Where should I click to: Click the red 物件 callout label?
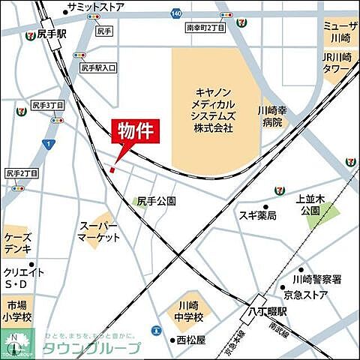point(135,130)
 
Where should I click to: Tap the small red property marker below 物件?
point(112,169)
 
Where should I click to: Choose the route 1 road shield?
point(48,143)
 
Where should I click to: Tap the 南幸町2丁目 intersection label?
point(205,27)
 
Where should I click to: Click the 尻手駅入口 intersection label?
point(98,67)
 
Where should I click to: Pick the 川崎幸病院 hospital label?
point(271,115)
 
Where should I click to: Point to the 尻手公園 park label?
point(156,201)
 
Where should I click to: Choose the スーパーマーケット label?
point(99,231)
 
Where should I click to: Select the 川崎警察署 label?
point(317,280)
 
